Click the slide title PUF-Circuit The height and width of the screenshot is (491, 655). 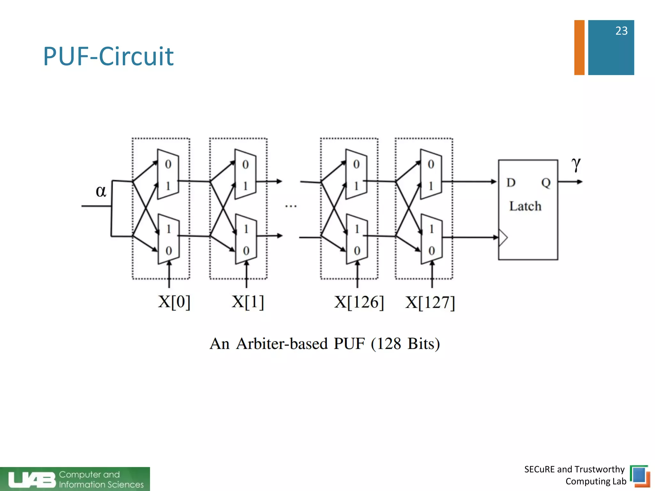coord(108,57)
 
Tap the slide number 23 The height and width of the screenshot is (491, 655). coord(621,31)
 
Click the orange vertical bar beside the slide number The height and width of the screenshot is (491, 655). coord(579,47)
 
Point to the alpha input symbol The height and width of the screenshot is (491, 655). coord(101,191)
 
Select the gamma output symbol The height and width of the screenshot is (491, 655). coord(576,165)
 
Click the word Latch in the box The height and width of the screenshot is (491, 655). coord(525,206)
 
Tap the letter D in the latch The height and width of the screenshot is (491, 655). coord(511,183)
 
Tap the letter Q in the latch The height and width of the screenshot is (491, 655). coord(546,183)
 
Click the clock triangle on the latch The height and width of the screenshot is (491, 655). coord(503,238)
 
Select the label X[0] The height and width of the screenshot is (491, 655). coord(174,301)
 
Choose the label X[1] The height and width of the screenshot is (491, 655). coord(248,301)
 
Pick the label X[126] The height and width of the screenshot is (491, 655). coord(359,302)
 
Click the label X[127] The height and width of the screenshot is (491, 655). coord(430,302)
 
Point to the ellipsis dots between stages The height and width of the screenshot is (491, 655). coord(291,206)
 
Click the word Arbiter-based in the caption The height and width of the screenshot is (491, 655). coord(282,344)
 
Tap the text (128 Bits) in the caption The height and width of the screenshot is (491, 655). coord(405,344)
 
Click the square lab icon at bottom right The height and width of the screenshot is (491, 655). coord(640,476)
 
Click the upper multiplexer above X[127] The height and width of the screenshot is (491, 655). coord(431,174)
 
